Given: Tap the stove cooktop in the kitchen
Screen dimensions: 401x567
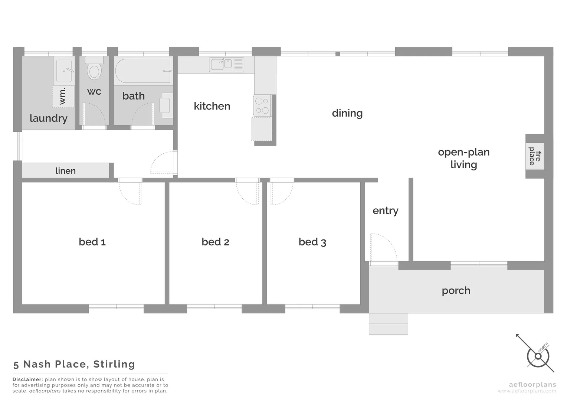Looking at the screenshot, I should click(262, 105).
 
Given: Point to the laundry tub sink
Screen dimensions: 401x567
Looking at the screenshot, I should click(64, 70).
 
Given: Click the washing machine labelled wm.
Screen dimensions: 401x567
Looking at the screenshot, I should click(63, 97).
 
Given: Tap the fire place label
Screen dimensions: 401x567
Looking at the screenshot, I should click(535, 156).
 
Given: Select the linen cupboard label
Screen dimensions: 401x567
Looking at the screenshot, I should click(65, 171).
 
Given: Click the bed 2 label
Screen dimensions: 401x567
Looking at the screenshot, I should click(215, 242).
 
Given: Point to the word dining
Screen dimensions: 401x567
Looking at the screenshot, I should click(347, 113).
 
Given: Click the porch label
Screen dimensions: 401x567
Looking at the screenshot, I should click(456, 290).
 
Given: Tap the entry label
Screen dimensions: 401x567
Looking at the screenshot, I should click(385, 211).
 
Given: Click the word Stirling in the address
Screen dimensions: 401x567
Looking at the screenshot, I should click(114, 364).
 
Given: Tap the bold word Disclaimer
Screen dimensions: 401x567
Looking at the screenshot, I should click(27, 379).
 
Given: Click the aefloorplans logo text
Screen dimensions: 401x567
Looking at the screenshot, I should click(532, 385).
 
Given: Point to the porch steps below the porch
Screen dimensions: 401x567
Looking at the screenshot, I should click(388, 324).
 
